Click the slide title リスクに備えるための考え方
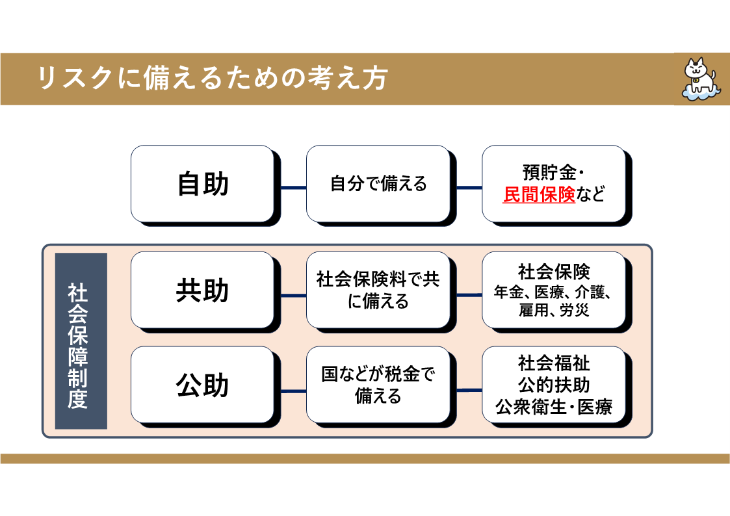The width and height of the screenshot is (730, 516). [x=212, y=79]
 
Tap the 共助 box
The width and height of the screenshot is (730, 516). [x=202, y=290]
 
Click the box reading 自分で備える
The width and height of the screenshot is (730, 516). [x=378, y=184]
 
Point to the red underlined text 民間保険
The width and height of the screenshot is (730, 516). [x=539, y=194]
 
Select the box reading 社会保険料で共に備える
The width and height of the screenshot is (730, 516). [x=378, y=290]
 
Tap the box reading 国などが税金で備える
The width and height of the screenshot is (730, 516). [x=378, y=385]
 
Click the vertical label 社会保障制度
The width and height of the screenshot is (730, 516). [x=81, y=341]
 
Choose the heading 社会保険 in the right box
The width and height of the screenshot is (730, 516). [x=554, y=271]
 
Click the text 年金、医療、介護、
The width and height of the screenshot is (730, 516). [x=554, y=292]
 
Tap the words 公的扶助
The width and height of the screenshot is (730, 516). [x=554, y=385]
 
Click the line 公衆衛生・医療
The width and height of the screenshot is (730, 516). [x=554, y=407]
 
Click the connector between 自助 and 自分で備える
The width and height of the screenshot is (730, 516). [x=293, y=188]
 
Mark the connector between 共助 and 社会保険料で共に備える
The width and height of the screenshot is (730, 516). [x=293, y=295]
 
